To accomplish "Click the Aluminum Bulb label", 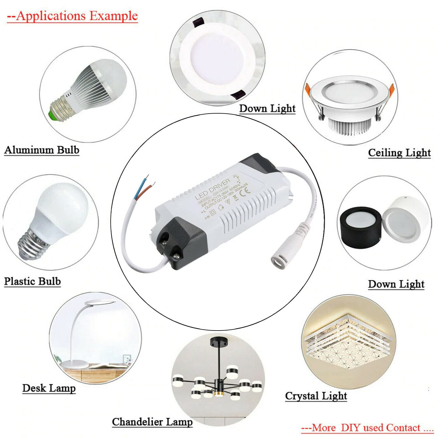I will pos(42,150).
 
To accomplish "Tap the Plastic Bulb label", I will pos(32,281).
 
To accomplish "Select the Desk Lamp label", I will pos(49,388).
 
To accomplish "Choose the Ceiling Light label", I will pos(399,152).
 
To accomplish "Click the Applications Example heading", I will pos(72,16).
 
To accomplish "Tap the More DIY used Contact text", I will pos(367,428).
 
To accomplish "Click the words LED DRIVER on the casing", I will pos(212,188).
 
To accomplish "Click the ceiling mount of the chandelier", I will pos(219,341).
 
